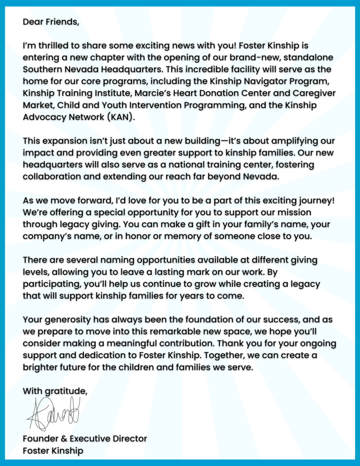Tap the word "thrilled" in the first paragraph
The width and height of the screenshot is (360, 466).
tap(50, 46)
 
